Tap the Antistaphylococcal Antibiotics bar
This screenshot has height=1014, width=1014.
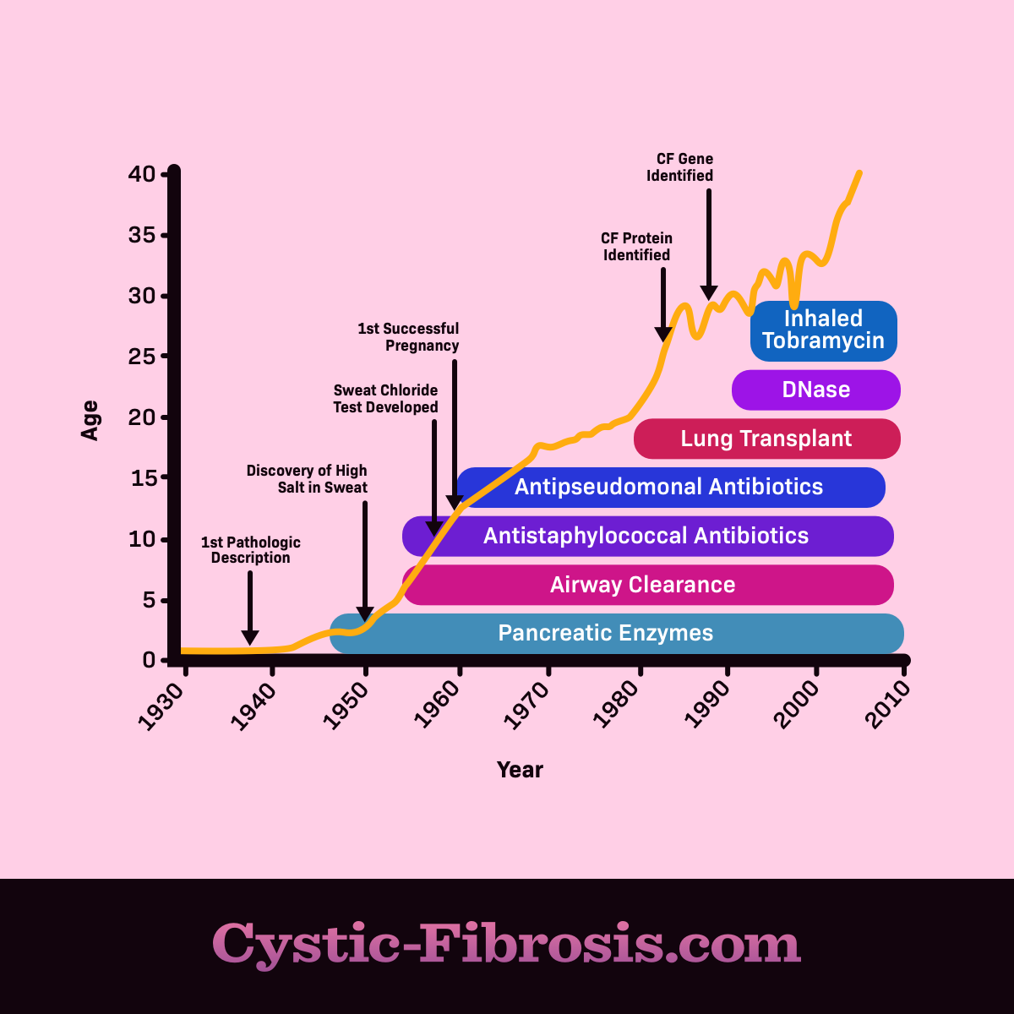click(647, 536)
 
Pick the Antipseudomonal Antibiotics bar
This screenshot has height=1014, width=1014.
click(670, 488)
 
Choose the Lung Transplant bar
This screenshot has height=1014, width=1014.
click(766, 439)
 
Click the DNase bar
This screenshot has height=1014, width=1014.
click(815, 390)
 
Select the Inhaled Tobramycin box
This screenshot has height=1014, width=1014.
click(823, 330)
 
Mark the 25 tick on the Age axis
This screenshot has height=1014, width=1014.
click(143, 357)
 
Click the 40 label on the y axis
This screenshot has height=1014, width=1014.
click(143, 174)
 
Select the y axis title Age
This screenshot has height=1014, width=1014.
click(90, 420)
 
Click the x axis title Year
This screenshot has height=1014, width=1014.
click(520, 770)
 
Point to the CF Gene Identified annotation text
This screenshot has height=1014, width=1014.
click(681, 167)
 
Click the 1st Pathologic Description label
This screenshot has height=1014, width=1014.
click(251, 550)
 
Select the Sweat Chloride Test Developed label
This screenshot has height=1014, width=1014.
click(386, 399)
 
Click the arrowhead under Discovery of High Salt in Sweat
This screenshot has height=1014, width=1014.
click(365, 614)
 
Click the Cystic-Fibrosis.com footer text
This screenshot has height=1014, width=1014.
click(506, 944)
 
